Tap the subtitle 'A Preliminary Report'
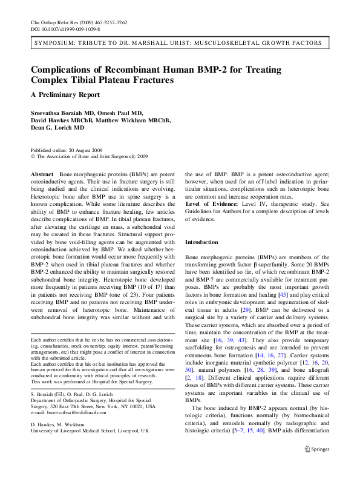pyautogui.click(x=65, y=94)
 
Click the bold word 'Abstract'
pyautogui.click(x=42, y=174)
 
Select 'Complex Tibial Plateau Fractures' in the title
pyautogui.click(x=102, y=79)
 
